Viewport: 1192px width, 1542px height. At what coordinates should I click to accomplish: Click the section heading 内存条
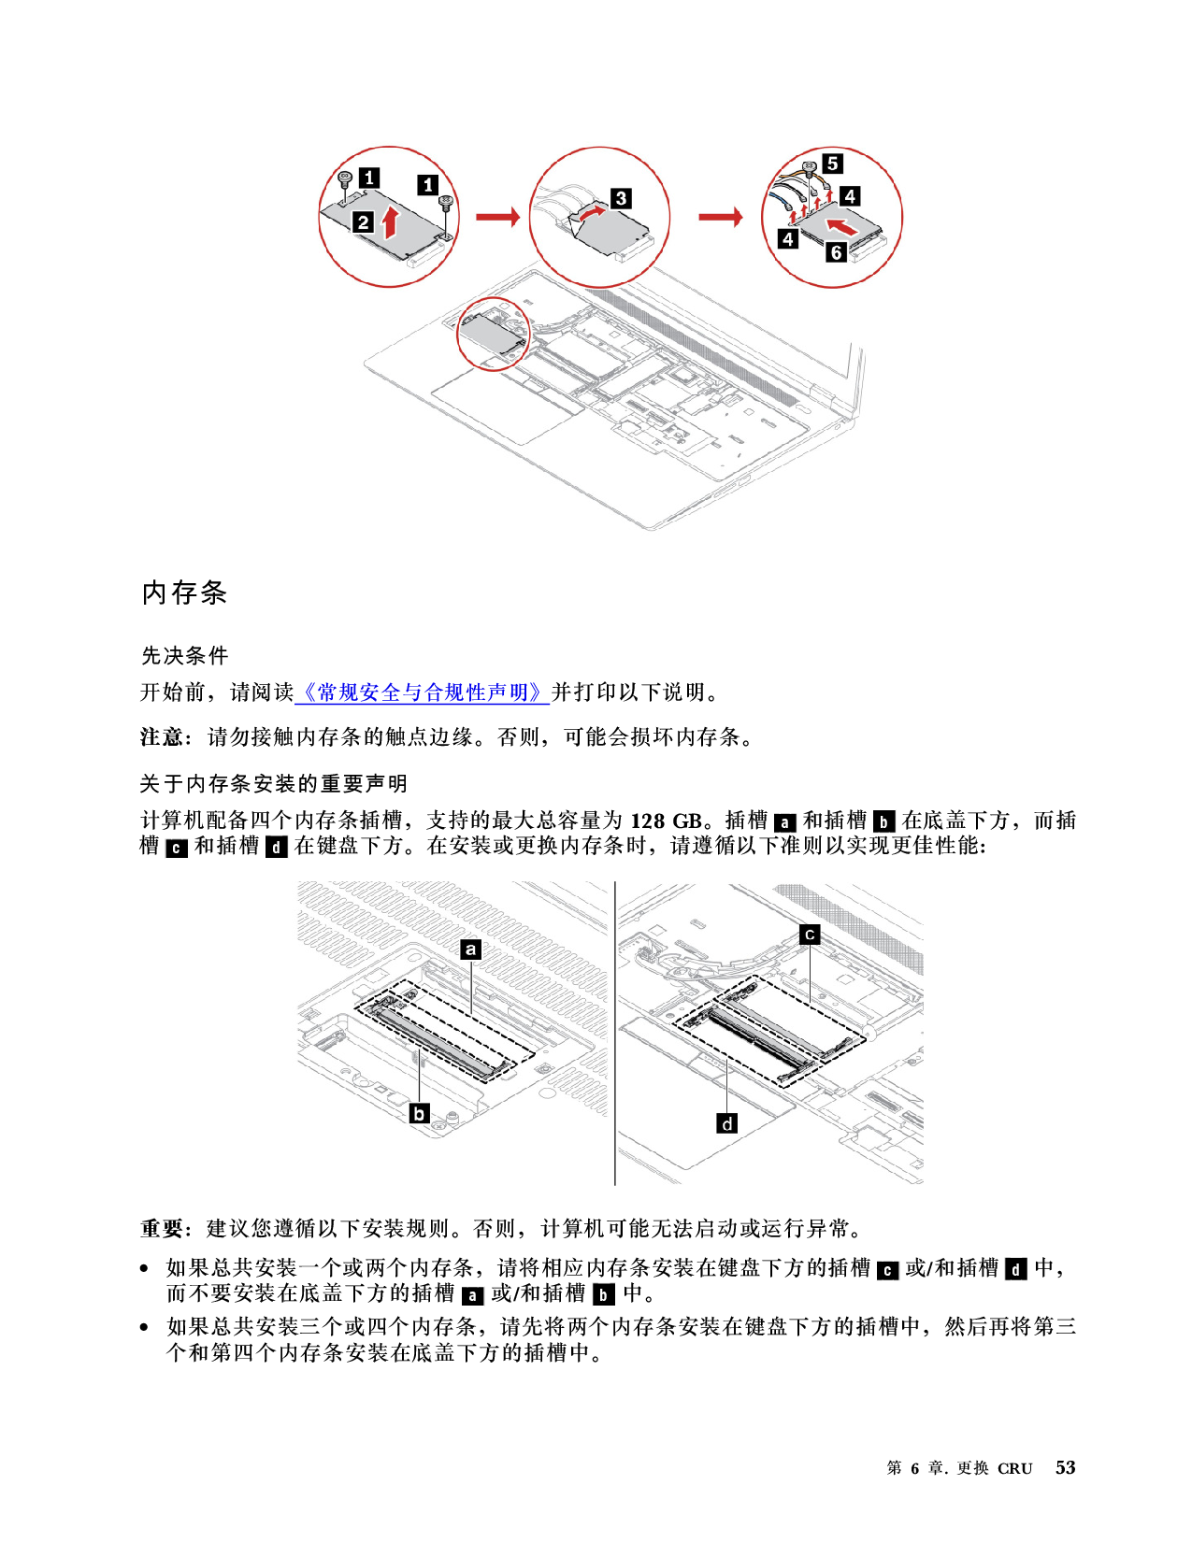pyautogui.click(x=184, y=592)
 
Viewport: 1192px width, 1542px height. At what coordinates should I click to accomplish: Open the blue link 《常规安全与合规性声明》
pyautogui.click(x=422, y=692)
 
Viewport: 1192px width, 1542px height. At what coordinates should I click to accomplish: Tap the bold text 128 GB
pyautogui.click(x=666, y=821)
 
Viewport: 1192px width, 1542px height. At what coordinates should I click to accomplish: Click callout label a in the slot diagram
pyautogui.click(x=470, y=949)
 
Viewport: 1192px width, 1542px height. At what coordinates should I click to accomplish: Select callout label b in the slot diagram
pyautogui.click(x=420, y=1113)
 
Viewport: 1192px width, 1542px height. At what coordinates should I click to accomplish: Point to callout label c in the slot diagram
pyautogui.click(x=810, y=935)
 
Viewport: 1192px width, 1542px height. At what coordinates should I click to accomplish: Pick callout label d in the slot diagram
pyautogui.click(x=727, y=1123)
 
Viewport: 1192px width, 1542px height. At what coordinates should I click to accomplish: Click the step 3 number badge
pyautogui.click(x=621, y=198)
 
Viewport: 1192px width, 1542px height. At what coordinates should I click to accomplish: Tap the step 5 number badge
pyautogui.click(x=833, y=164)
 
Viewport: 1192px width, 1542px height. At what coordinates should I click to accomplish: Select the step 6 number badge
pyautogui.click(x=837, y=252)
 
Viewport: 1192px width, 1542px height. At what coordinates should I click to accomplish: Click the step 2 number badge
pyautogui.click(x=364, y=222)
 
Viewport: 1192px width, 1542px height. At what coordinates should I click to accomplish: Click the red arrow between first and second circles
pyautogui.click(x=497, y=216)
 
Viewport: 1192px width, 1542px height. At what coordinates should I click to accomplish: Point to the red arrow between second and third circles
pyautogui.click(x=721, y=216)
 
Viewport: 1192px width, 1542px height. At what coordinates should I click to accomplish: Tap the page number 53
pyautogui.click(x=1065, y=1467)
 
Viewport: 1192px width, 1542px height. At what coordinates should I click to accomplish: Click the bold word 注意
pyautogui.click(x=161, y=736)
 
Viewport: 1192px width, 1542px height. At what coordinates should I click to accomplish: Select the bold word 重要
pyautogui.click(x=161, y=1228)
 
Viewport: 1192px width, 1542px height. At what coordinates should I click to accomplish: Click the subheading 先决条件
pyautogui.click(x=184, y=655)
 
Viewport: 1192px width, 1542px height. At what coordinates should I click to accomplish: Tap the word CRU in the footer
pyautogui.click(x=1014, y=1468)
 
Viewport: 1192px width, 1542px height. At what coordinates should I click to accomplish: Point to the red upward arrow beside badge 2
pyautogui.click(x=390, y=222)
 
